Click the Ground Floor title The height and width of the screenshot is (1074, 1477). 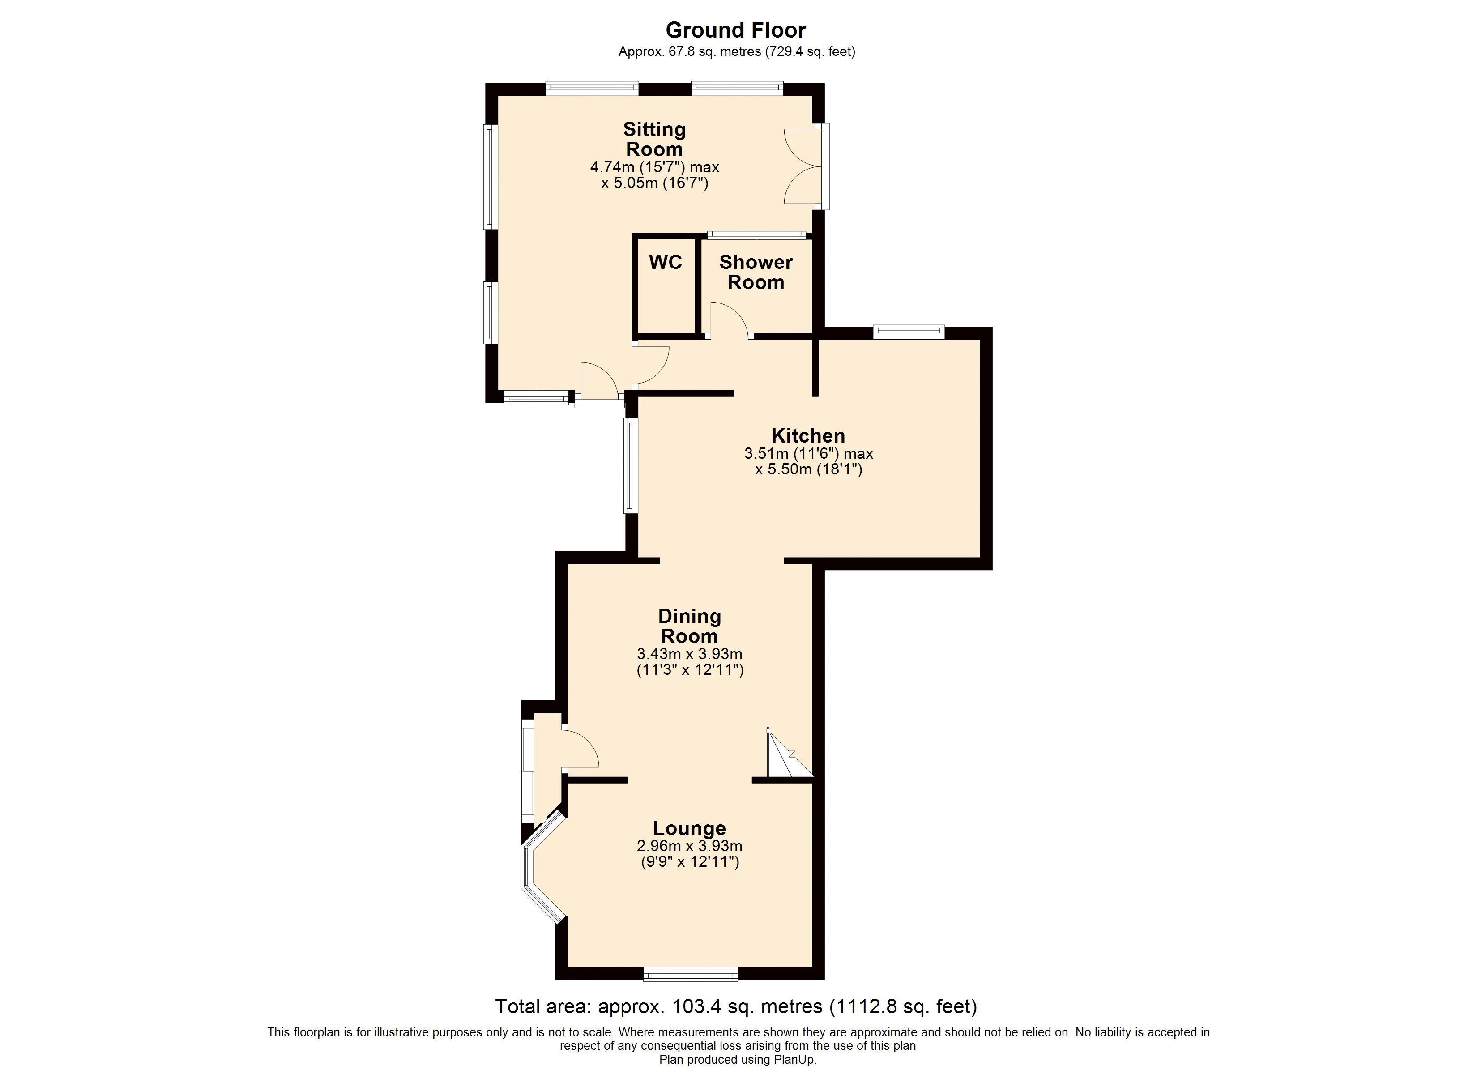point(735,30)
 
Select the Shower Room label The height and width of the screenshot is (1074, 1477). point(756,272)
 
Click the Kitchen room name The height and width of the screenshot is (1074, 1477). point(808,436)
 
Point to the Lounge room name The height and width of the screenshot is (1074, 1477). point(689,828)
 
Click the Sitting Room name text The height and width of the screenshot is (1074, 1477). point(654,139)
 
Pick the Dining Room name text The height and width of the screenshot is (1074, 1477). point(689,626)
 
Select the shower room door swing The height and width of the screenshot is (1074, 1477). point(728,319)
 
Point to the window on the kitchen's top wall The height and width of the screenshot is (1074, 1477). point(909,332)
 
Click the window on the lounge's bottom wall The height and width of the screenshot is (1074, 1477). point(690,974)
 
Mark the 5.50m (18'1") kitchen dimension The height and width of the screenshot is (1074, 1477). point(808,469)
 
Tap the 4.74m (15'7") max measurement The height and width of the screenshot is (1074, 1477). point(654,167)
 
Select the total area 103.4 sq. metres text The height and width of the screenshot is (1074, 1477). point(736,1006)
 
